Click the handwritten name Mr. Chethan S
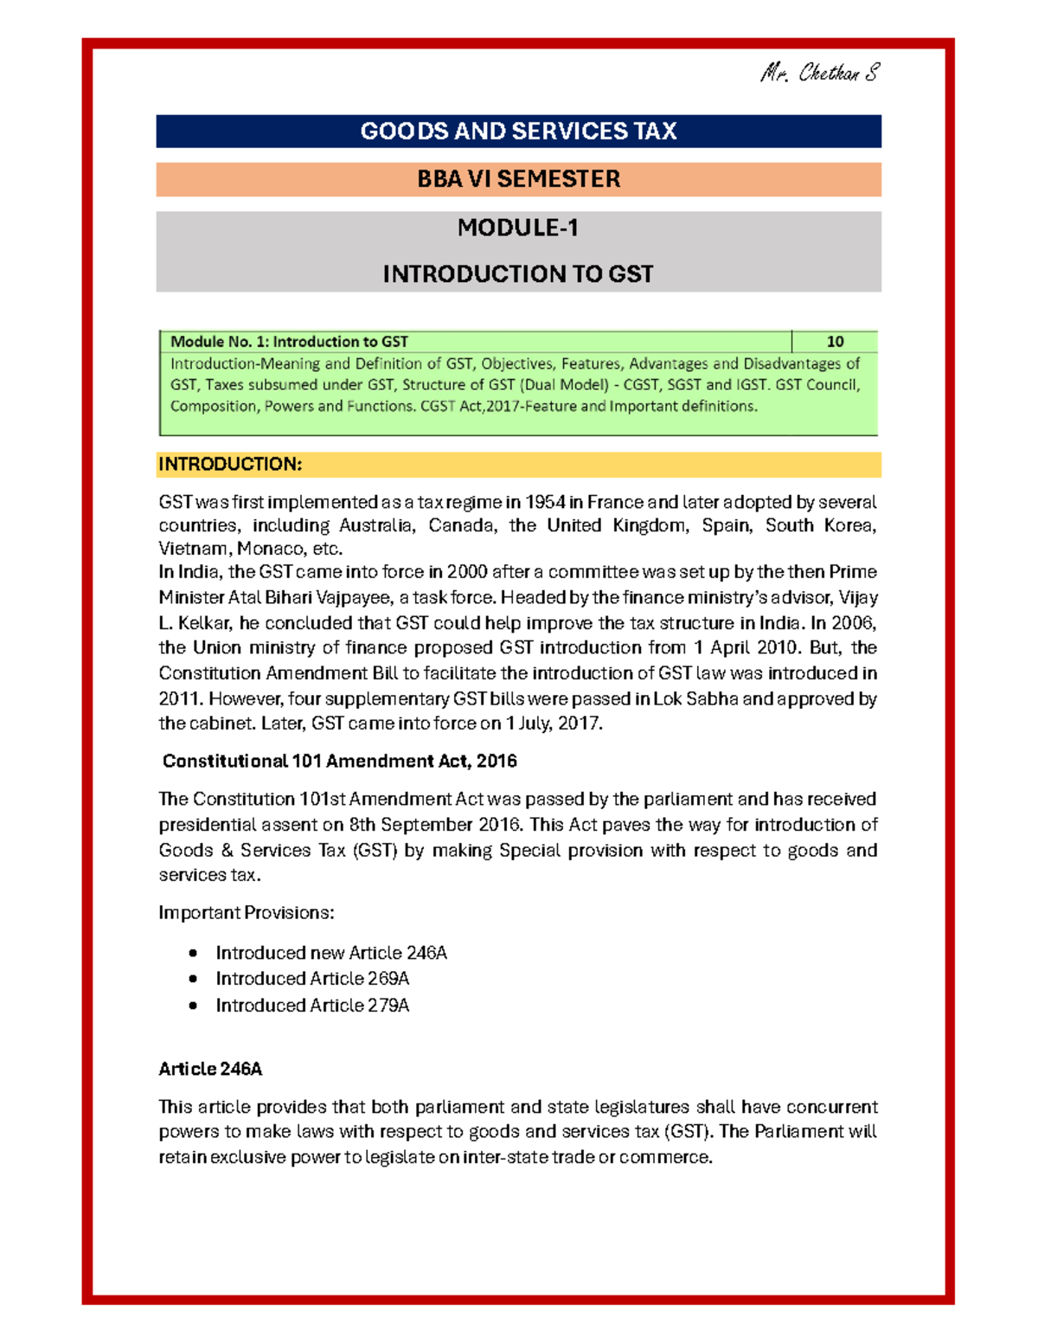pyautogui.click(x=819, y=73)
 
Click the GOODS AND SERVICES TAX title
pyautogui.click(x=518, y=132)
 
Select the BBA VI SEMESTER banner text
pyautogui.click(x=518, y=179)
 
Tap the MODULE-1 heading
pyautogui.click(x=518, y=228)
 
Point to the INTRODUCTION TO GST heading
pyautogui.click(x=518, y=274)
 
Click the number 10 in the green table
pyautogui.click(x=835, y=342)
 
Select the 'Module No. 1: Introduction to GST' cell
pyautogui.click(x=289, y=342)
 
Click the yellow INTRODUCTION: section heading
pyautogui.click(x=230, y=465)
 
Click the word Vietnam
pyautogui.click(x=194, y=549)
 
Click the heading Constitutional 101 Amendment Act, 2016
pyautogui.click(x=340, y=762)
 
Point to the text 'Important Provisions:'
pyautogui.click(x=247, y=913)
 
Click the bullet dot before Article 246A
pyautogui.click(x=193, y=954)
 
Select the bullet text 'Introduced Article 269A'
pyautogui.click(x=312, y=979)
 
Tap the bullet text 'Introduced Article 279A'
pyautogui.click(x=312, y=1006)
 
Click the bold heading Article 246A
pyautogui.click(x=210, y=1070)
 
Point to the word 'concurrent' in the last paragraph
pyautogui.click(x=831, y=1107)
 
